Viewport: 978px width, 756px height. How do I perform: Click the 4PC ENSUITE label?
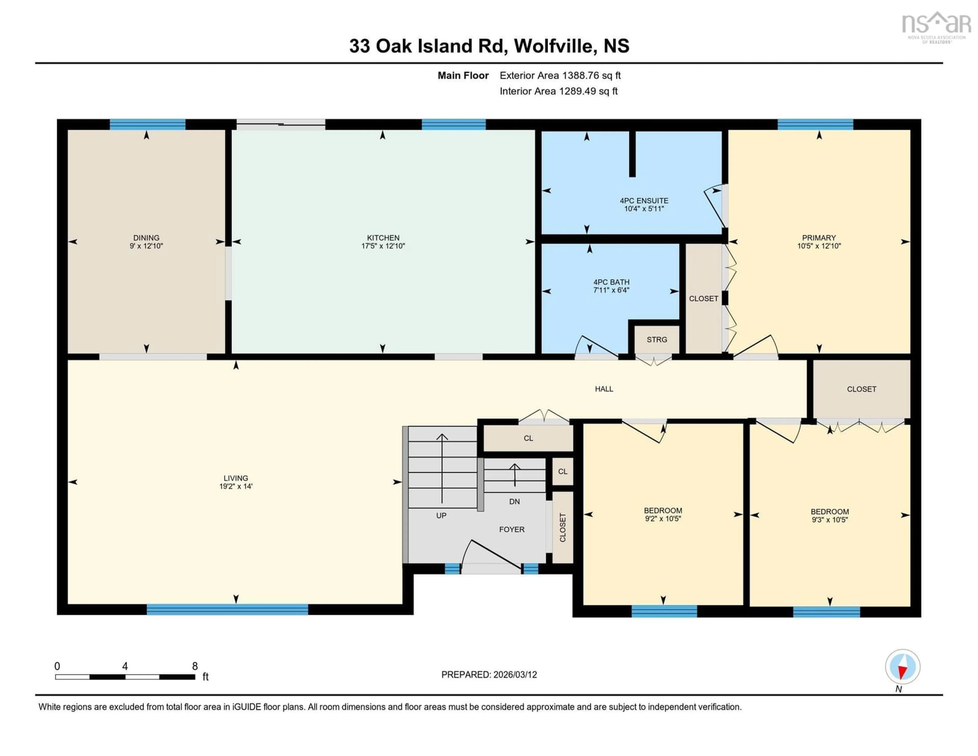click(x=644, y=201)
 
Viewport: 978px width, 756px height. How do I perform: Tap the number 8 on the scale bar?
click(x=195, y=666)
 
